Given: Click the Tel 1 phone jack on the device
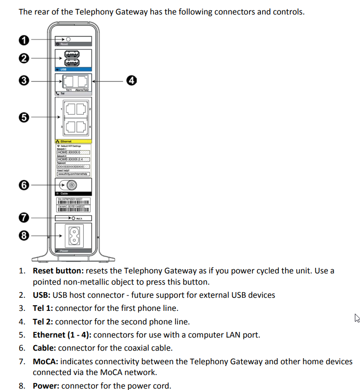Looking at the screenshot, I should point(66,81).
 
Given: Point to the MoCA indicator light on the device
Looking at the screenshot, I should point(73,218).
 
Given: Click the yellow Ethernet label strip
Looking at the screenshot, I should point(73,140).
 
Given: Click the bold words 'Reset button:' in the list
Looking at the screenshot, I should point(59,271).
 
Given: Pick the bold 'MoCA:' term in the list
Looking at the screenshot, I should point(45,361).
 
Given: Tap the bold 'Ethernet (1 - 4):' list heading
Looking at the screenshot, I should point(62,335).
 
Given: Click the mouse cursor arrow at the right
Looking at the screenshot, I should point(357,318).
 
